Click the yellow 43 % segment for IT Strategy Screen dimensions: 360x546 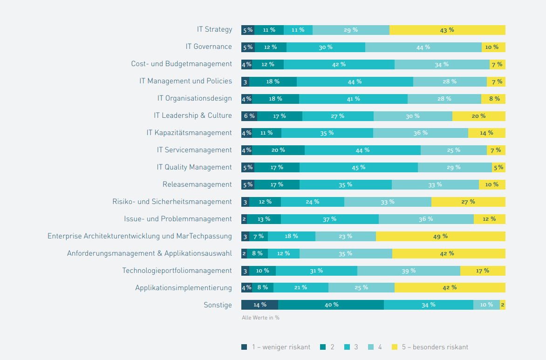point(447,30)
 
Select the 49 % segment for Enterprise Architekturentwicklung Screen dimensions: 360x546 point(440,236)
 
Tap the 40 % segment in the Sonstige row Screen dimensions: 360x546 point(331,305)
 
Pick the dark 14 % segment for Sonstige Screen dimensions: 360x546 point(259,305)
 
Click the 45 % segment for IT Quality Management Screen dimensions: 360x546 point(359,167)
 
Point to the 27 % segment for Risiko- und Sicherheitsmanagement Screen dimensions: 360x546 point(468,202)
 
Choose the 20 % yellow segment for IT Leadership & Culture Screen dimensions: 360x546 point(478,116)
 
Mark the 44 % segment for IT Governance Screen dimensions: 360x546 point(423,47)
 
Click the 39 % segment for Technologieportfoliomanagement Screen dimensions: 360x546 point(409,271)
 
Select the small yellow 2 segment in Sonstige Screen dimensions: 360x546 point(503,305)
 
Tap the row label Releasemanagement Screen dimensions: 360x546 point(197,184)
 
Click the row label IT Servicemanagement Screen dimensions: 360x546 point(194,150)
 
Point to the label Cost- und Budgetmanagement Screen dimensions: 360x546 point(181,64)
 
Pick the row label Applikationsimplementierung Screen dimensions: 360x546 point(184,288)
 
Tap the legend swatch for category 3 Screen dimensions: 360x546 point(347,347)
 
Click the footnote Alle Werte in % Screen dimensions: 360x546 point(260,318)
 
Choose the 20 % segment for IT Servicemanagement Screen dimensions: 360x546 point(278,150)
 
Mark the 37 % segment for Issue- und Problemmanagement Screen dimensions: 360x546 point(330,219)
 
